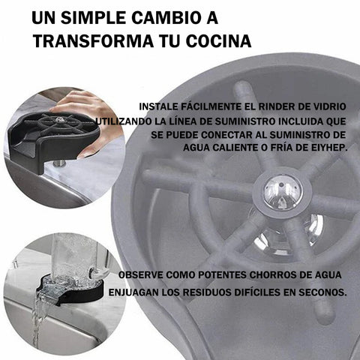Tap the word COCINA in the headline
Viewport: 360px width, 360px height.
(x=218, y=41)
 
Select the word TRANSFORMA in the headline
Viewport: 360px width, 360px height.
(x=93, y=41)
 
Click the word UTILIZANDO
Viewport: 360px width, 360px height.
(x=123, y=121)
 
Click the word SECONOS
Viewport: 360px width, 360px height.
(x=322, y=292)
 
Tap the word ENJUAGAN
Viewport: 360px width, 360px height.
(x=133, y=292)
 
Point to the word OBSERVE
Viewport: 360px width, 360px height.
(x=141, y=274)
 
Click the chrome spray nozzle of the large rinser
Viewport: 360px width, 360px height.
(x=283, y=192)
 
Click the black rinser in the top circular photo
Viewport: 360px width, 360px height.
(x=54, y=140)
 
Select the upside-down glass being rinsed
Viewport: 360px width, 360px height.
(x=75, y=257)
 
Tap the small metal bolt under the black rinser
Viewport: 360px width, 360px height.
(x=59, y=163)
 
